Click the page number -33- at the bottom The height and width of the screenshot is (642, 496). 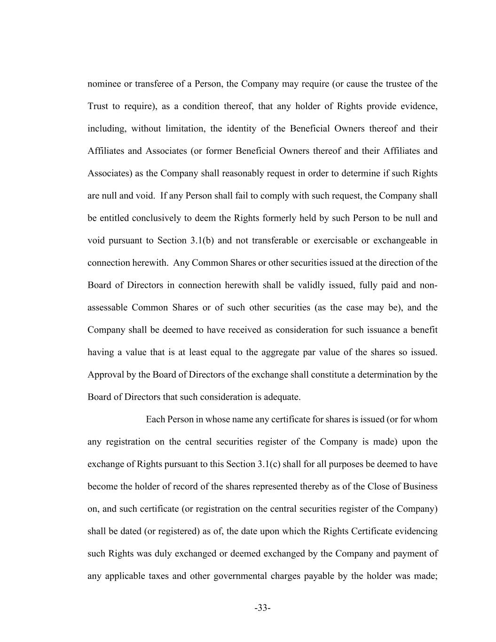pyautogui.click(x=262, y=608)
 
